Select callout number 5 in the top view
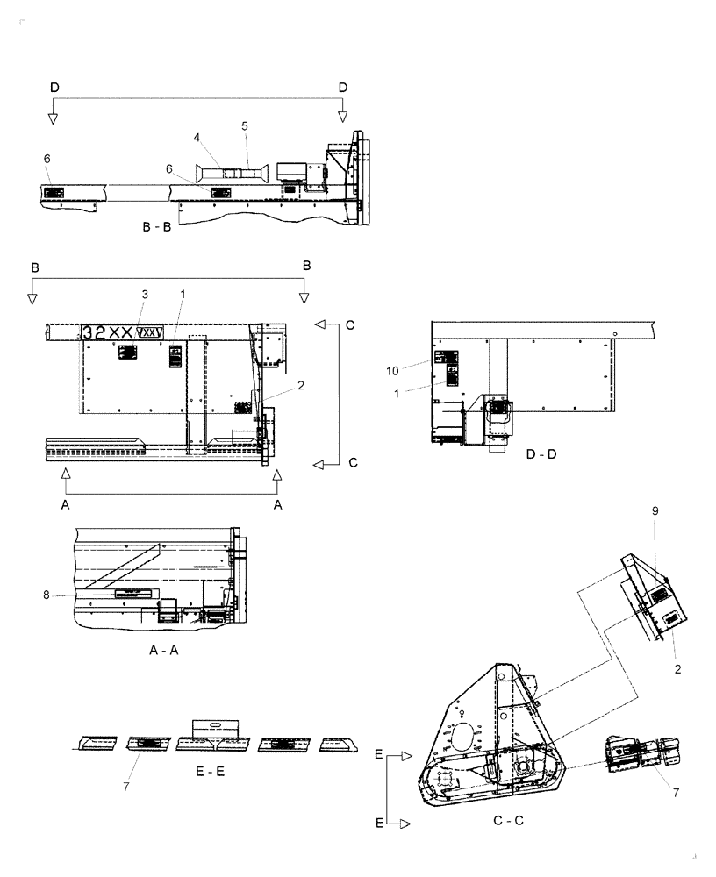coord(245,125)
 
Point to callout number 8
coord(70,595)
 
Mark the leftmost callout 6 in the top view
coord(47,158)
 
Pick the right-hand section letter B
coord(307,265)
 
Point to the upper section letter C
coord(349,325)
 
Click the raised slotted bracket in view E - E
coord(215,727)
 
